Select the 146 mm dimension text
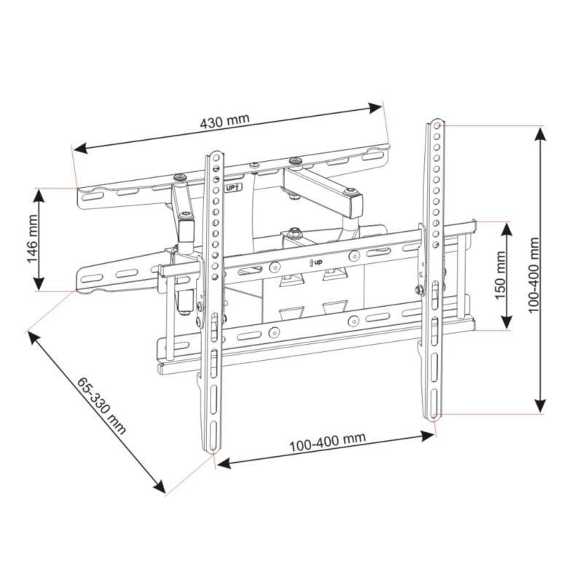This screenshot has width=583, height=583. click(x=32, y=240)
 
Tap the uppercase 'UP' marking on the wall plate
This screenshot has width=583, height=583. click(x=232, y=187)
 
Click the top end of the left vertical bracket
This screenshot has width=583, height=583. click(x=215, y=155)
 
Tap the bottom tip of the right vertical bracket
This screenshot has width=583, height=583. click(x=434, y=417)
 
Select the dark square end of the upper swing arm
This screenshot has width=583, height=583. click(x=355, y=205)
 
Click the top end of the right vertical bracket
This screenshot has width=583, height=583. click(x=434, y=122)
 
